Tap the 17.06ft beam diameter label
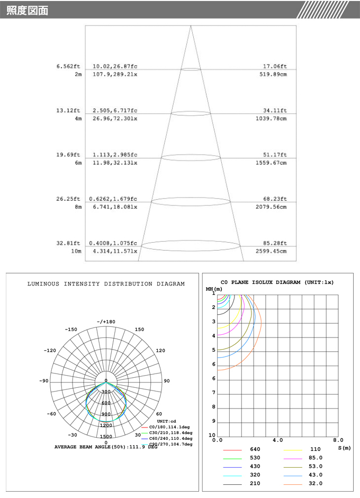coord(275,66)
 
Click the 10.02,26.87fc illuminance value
coord(115,66)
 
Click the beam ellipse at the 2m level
coord(191,69)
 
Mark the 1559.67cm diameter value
coord(271,163)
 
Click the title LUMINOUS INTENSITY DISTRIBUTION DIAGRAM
coord(106,284)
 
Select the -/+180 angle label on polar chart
coord(106,322)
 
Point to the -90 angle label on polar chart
coord(44,381)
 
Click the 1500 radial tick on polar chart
coord(106,437)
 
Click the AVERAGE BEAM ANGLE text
coord(106,447)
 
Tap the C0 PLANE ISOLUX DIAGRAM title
coord(277,282)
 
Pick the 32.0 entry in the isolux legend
coord(316,484)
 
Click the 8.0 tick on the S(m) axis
coord(338,440)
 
